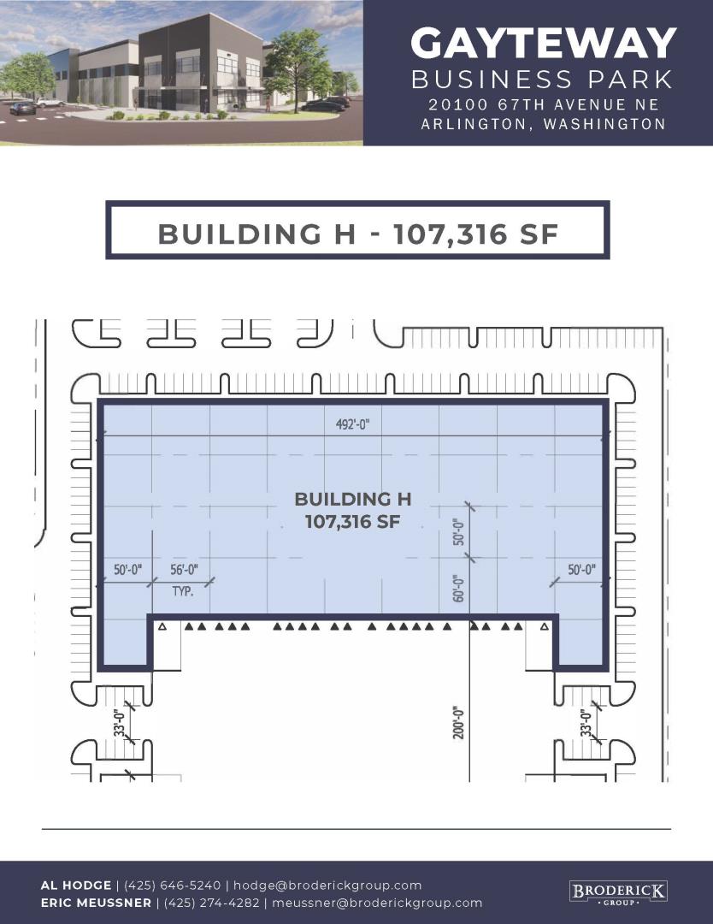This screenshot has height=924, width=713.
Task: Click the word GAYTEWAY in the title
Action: (543, 43)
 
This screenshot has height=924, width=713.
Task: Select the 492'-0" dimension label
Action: (352, 424)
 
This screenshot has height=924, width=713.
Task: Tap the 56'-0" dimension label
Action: (185, 570)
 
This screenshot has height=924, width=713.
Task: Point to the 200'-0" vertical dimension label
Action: (459, 722)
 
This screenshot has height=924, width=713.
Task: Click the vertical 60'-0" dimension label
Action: (459, 588)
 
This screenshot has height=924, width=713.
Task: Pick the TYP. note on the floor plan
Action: (183, 591)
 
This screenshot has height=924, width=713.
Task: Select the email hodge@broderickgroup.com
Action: (327, 885)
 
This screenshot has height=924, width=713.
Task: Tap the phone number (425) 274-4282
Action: (212, 903)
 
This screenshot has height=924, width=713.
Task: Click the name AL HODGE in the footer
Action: (76, 885)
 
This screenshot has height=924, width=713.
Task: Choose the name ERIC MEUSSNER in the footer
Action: (96, 903)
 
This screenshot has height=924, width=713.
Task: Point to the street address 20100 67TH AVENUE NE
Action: (544, 105)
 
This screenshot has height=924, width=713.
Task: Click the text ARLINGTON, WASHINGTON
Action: (543, 124)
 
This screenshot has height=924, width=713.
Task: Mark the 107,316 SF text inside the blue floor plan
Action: (353, 522)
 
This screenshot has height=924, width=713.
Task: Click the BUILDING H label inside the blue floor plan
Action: (353, 499)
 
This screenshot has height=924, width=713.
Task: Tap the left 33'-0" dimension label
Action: (120, 722)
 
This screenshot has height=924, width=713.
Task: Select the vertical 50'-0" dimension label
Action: (459, 531)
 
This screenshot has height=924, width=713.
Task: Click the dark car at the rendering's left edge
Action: (22, 109)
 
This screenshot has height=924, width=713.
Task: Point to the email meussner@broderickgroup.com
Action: (377, 903)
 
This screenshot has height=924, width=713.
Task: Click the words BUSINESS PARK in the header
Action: (542, 80)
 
